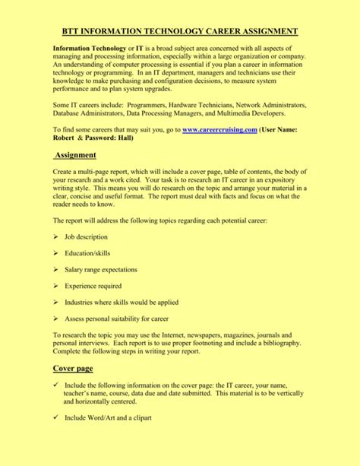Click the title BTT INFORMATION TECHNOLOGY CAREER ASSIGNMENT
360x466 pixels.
[179, 31]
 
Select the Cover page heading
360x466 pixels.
[73, 368]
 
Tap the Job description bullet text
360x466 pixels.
[86, 237]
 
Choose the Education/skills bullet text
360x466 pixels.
[87, 253]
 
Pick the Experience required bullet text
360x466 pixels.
[93, 286]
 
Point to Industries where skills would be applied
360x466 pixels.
[122, 303]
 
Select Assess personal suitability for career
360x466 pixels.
[116, 319]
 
